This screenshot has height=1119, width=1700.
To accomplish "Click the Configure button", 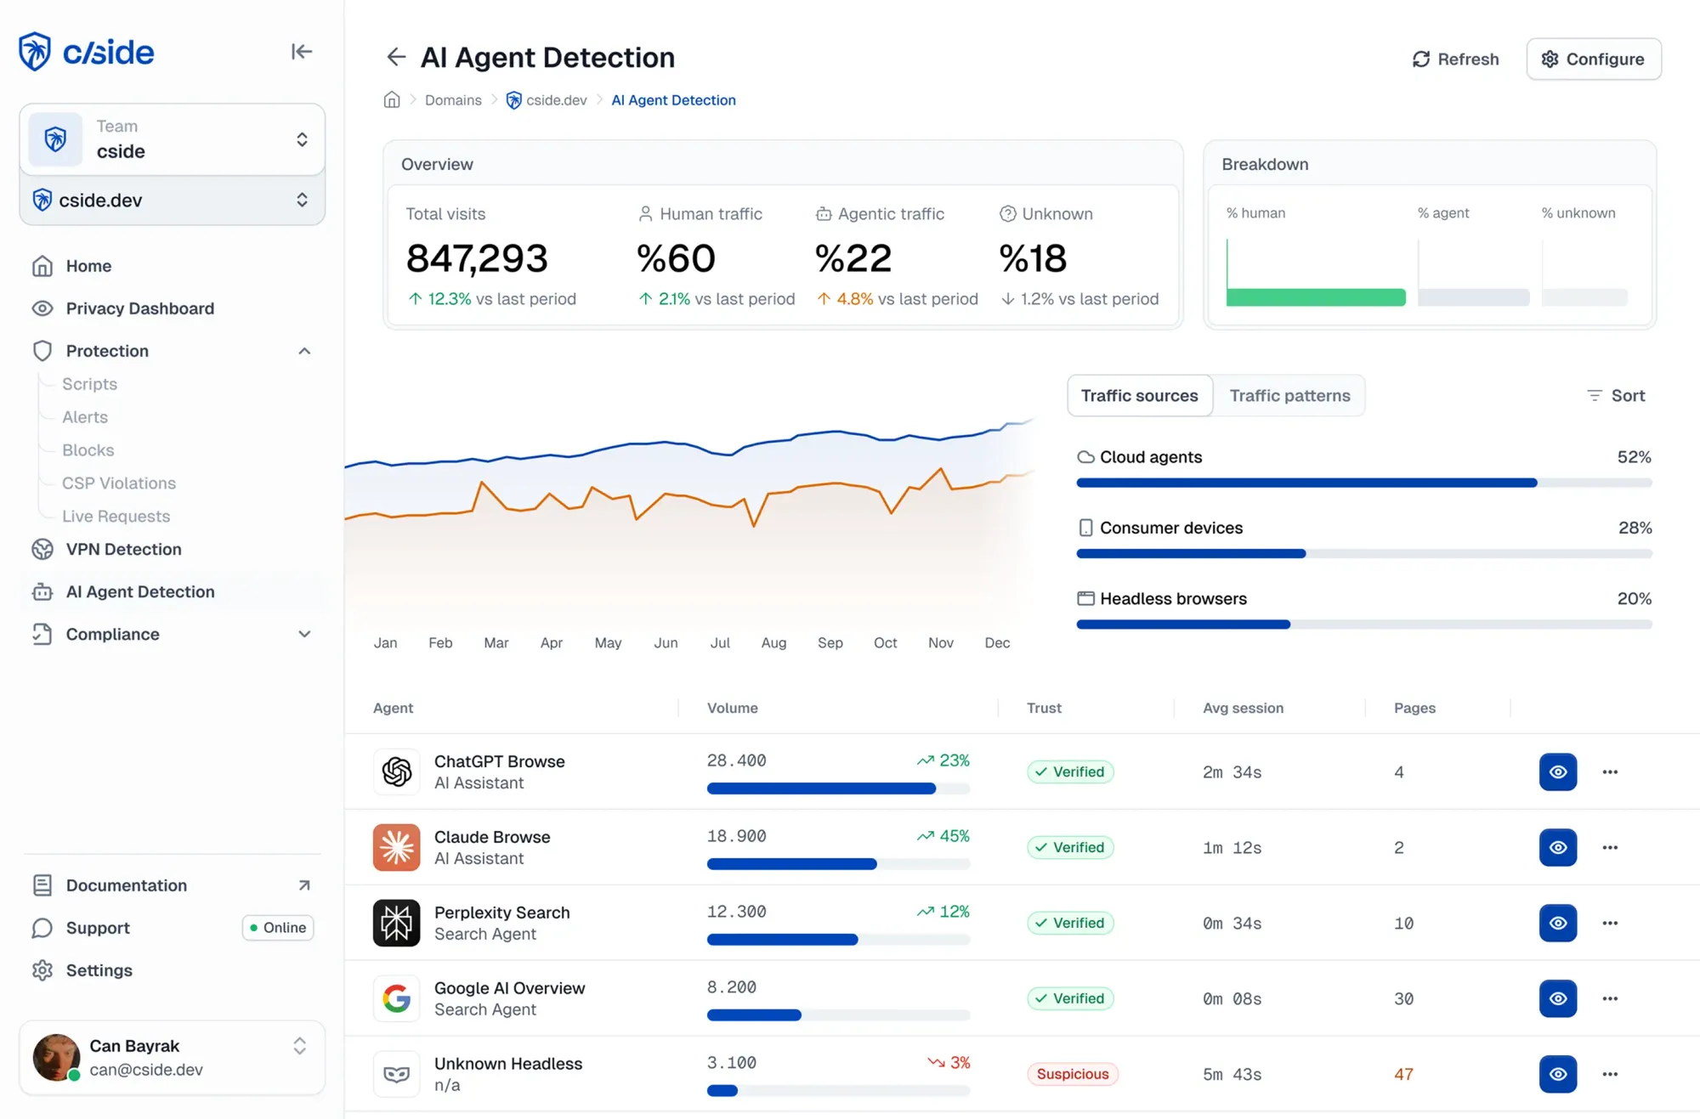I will tap(1593, 59).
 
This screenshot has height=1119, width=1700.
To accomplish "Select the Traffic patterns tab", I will tap(1289, 396).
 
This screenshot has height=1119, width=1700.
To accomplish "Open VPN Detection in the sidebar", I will tap(123, 550).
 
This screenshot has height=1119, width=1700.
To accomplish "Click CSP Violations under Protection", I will tap(118, 483).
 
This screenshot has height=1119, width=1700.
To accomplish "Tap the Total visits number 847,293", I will tap(477, 258).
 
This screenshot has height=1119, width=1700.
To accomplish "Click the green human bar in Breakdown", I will tap(1315, 297).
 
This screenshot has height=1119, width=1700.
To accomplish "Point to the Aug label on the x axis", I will tap(773, 643).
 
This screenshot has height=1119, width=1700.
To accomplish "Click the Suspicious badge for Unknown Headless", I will tap(1072, 1074).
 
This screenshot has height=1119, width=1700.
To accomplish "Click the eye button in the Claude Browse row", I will tap(1557, 848).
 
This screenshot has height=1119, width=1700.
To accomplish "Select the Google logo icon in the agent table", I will tap(396, 998).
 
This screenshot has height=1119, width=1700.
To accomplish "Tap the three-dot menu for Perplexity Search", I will tap(1609, 924).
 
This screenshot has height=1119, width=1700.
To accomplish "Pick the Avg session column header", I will tap(1243, 709).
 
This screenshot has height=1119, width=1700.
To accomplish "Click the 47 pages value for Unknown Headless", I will tap(1403, 1075).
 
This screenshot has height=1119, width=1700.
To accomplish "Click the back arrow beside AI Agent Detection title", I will tap(396, 57).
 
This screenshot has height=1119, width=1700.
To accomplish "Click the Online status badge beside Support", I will tap(278, 928).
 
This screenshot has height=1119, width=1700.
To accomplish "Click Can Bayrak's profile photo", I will tap(56, 1058).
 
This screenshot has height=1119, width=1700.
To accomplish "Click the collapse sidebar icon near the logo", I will tap(301, 52).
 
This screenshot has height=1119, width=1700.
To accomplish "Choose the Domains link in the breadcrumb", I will tap(453, 100).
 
